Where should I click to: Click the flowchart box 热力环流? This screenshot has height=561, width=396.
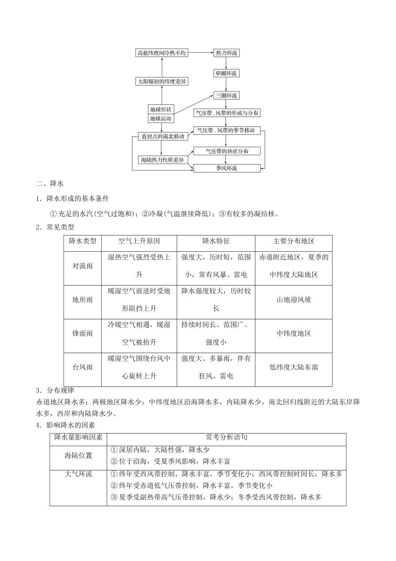click(226, 53)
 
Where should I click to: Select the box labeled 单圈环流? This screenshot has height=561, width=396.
click(226, 73)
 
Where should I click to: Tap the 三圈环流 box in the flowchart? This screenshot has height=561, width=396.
click(226, 96)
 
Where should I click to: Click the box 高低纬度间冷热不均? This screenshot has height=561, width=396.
click(162, 53)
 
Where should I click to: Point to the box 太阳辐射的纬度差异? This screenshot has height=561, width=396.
click(162, 81)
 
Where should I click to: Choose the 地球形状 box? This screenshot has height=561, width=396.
click(161, 109)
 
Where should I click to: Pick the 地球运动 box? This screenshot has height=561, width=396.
click(161, 119)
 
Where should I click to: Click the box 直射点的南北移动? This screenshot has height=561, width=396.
click(163, 136)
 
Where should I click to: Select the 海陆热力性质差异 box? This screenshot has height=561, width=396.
click(163, 160)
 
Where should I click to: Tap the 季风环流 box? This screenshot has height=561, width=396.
click(227, 168)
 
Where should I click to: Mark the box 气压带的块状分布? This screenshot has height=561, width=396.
click(227, 151)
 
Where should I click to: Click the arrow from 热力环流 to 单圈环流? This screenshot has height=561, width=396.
click(226, 63)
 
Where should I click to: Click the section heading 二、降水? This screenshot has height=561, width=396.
click(50, 183)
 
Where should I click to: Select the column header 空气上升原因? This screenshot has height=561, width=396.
click(139, 241)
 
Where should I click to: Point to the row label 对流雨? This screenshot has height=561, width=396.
click(83, 266)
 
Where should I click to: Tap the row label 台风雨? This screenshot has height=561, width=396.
click(83, 367)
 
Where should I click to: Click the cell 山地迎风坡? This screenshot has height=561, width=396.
click(293, 300)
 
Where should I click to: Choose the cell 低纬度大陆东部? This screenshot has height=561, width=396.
click(293, 367)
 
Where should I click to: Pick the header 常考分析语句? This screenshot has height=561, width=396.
click(226, 437)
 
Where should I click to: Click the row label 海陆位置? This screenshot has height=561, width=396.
click(78, 455)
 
